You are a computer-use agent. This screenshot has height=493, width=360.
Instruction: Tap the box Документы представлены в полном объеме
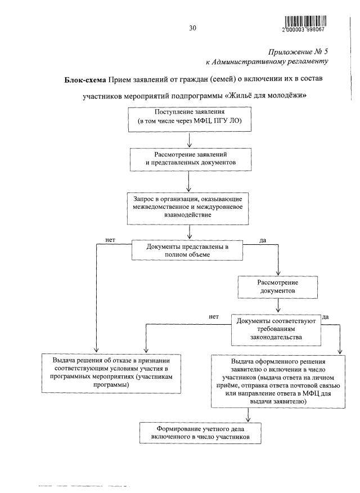click(188, 250)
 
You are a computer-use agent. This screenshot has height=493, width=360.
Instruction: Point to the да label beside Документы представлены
click(262, 240)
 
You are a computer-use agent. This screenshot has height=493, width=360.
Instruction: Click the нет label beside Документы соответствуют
click(213, 317)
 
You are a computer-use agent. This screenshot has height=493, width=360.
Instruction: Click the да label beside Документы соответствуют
click(326, 317)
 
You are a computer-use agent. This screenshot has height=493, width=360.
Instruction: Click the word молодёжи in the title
click(287, 96)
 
